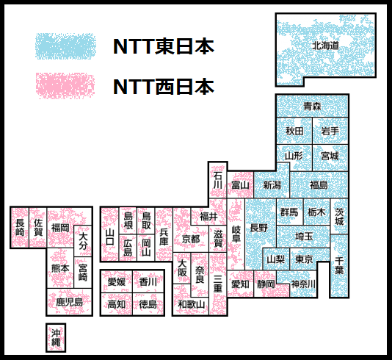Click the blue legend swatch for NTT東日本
point(65,46)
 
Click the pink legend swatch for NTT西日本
point(65,86)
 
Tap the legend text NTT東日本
point(164,46)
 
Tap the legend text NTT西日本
point(164,87)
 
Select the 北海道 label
point(325,46)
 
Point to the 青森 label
point(312,107)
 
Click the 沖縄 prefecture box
point(56,338)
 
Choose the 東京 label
point(304,259)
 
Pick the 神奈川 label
point(303,284)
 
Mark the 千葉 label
point(339,266)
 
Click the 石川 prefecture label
point(218,180)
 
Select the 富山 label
point(240,185)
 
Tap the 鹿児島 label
point(69,302)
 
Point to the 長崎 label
point(20,227)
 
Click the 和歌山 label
point(192,304)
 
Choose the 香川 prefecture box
point(148,281)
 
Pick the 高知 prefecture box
point(117,304)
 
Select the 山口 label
point(110,237)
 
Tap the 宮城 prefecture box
point(330,158)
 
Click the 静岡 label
point(266,284)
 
